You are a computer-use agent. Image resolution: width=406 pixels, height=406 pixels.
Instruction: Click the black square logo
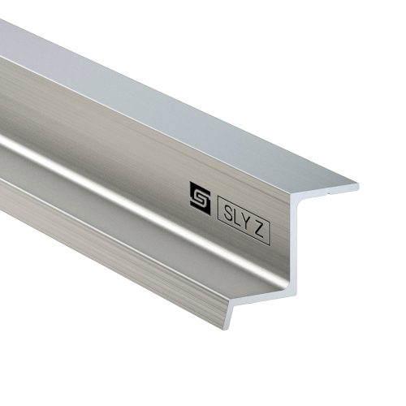200,198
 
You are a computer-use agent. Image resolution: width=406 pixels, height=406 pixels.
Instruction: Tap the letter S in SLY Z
228,214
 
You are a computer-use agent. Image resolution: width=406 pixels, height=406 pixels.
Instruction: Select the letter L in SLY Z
237,218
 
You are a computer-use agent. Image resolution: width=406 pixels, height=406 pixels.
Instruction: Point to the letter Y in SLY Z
246,222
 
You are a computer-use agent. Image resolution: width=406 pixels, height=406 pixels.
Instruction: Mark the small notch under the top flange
329,194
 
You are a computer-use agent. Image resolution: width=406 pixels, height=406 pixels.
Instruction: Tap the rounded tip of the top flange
357,187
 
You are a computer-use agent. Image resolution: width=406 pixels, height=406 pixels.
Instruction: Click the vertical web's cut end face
295,241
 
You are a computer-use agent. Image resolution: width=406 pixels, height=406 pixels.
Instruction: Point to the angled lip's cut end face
229,314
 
